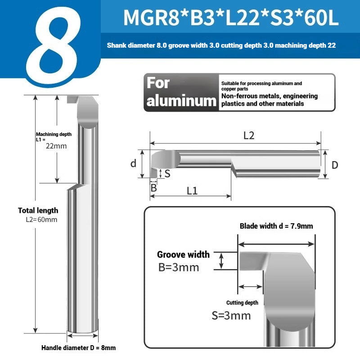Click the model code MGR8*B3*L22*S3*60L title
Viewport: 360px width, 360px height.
(x=231, y=18)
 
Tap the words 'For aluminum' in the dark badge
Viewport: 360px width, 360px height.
(x=181, y=92)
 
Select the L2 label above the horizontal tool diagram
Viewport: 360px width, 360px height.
(x=249, y=136)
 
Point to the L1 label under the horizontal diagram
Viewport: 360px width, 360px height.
(x=192, y=191)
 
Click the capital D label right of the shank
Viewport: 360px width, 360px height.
(x=335, y=165)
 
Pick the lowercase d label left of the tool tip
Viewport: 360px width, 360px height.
(x=133, y=163)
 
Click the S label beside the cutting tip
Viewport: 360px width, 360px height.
(x=167, y=174)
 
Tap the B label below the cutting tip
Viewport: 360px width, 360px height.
(x=153, y=188)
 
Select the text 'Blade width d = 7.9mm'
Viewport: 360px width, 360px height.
(x=276, y=226)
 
